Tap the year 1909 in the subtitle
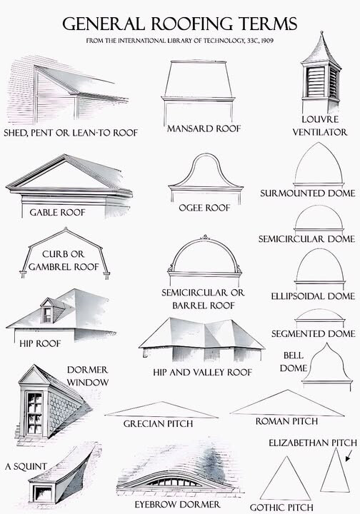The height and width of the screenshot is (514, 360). [x=268, y=41]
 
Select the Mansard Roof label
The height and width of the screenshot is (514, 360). [x=204, y=128]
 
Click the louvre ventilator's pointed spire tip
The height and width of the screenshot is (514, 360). [x=321, y=32]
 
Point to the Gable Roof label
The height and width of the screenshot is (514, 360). [x=57, y=213]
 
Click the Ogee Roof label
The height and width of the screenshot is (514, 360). [x=204, y=208]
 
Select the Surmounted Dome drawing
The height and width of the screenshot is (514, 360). [x=319, y=164]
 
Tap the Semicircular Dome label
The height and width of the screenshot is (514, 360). [x=306, y=238]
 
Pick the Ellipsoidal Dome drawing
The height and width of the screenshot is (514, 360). [x=320, y=267]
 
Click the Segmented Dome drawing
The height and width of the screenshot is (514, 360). [x=320, y=317]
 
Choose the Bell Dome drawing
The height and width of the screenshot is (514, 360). [x=327, y=366]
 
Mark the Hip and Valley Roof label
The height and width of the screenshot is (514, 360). [x=202, y=373]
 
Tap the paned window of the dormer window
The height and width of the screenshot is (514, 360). [x=34, y=413]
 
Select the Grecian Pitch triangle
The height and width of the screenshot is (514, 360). [x=161, y=410]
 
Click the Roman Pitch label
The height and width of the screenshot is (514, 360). [x=286, y=421]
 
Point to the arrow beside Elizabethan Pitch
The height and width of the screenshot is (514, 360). [x=349, y=455]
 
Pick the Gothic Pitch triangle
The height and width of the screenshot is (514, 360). [x=285, y=478]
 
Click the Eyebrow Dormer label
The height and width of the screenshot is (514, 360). [x=177, y=504]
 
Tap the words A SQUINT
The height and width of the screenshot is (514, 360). [x=26, y=466]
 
